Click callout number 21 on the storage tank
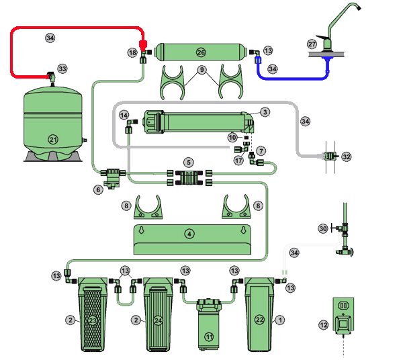(52, 139)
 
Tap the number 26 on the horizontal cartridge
(201, 52)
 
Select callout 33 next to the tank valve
(62, 69)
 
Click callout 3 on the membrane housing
(265, 112)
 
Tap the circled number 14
(124, 116)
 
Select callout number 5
(189, 162)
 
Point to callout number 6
(98, 190)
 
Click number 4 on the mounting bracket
(189, 234)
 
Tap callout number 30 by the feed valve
(322, 229)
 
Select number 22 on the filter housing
(259, 320)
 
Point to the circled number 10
(232, 138)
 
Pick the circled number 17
(238, 161)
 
